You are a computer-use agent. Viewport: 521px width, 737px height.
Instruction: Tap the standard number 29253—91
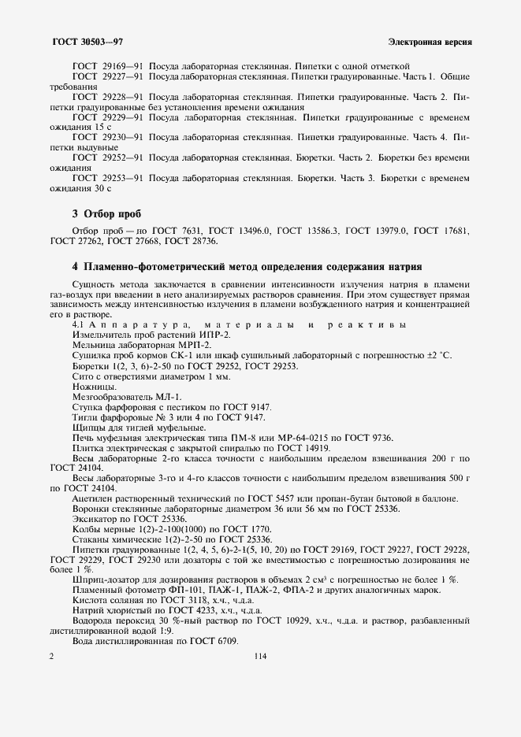pos(122,180)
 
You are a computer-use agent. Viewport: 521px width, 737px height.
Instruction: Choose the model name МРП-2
pos(195,346)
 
